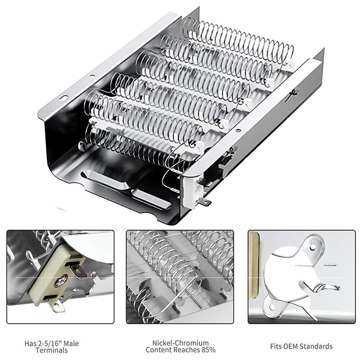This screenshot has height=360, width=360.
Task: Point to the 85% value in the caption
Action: point(208,350)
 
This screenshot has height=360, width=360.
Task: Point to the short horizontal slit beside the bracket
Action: point(329,265)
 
